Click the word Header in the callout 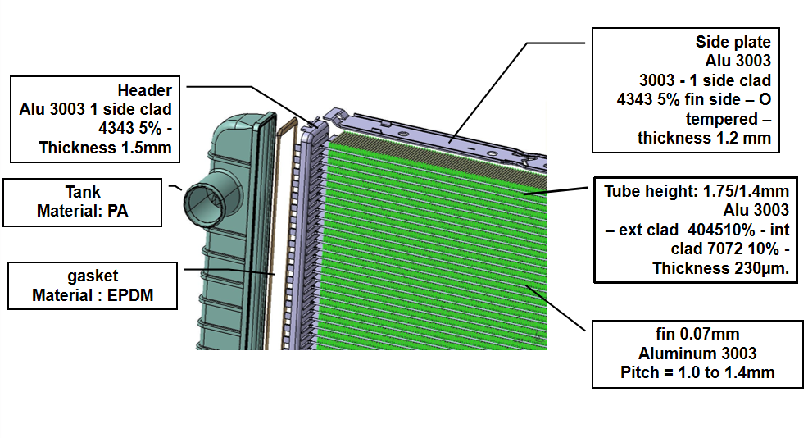(x=144, y=90)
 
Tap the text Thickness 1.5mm (x=105, y=148)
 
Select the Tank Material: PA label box (x=83, y=203)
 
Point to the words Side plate (x=733, y=42)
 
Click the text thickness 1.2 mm (x=704, y=139)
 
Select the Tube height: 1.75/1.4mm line (x=697, y=191)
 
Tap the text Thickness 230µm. (x=720, y=269)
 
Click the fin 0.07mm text (x=697, y=335)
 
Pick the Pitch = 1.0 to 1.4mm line (x=697, y=372)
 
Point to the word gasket (x=93, y=276)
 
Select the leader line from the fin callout (x=556, y=308)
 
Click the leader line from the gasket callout (x=229, y=271)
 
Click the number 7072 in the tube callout (x=725, y=249)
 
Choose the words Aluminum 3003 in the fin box (x=697, y=354)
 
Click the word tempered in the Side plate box (x=721, y=119)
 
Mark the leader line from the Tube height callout (x=556, y=191)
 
